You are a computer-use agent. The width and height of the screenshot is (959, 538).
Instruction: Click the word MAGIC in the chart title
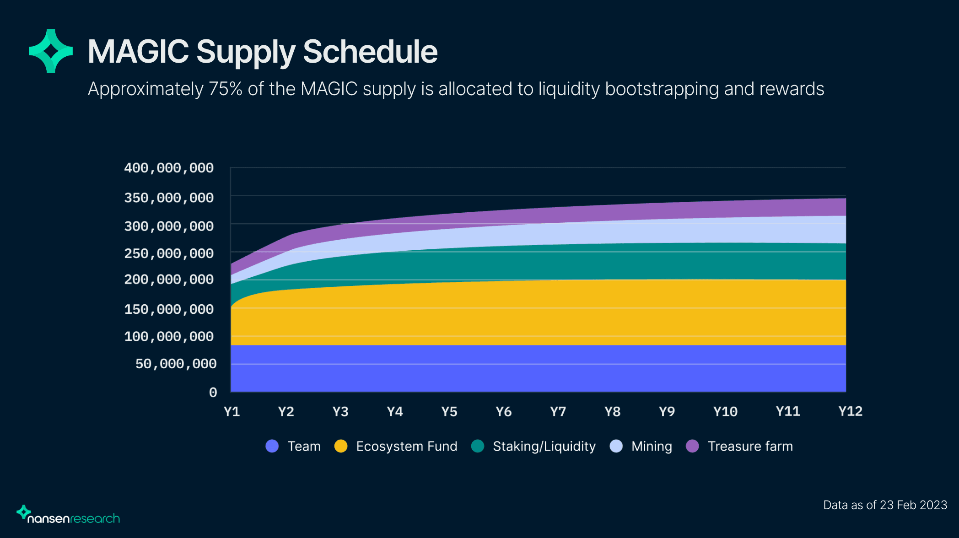coord(138,51)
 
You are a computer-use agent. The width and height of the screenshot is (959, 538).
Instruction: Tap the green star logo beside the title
coord(51,51)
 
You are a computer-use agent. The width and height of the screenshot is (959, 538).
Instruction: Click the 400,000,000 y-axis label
coord(169,168)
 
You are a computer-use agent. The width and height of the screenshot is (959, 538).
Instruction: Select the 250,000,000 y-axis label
coord(169,253)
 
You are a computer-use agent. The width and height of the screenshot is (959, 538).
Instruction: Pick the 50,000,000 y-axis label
coord(176,364)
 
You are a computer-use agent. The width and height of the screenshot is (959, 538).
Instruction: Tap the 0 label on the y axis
coord(213,392)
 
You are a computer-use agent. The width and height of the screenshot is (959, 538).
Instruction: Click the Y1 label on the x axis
coord(232,411)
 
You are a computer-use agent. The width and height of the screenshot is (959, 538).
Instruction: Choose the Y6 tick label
coord(504,411)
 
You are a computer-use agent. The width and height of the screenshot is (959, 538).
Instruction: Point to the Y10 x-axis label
coord(725,411)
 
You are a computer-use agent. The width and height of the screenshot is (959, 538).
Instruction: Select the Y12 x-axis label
coord(850,411)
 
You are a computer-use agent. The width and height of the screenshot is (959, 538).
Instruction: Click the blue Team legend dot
coord(272,446)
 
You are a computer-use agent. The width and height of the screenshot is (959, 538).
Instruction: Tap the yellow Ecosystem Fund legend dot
coord(341,446)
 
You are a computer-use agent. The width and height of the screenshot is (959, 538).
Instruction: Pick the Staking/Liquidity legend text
coord(544,446)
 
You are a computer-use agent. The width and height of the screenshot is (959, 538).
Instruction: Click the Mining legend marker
coord(616,446)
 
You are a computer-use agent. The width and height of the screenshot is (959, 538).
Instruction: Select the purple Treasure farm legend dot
coord(693,446)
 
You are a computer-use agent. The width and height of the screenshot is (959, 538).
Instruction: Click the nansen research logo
coord(68,515)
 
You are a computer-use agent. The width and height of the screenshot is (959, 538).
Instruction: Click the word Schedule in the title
coord(370,51)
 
